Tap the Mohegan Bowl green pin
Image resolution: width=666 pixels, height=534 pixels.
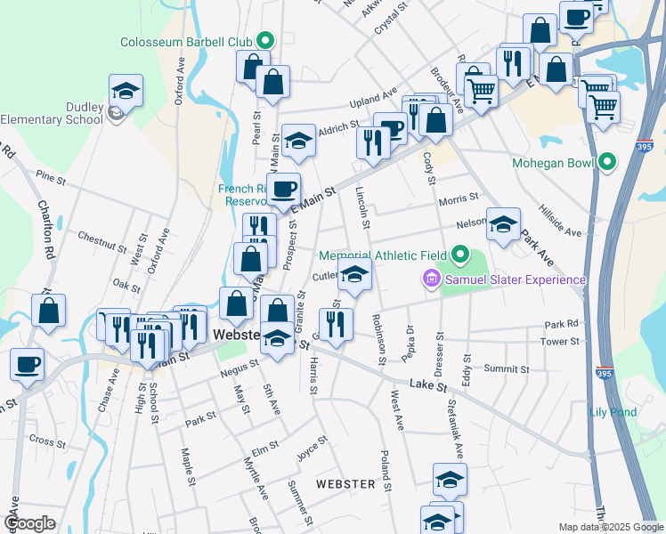click(x=608, y=163)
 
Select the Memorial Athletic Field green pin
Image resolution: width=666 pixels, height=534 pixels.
click(x=459, y=256)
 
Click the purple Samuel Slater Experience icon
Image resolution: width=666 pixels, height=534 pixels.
click(x=433, y=280)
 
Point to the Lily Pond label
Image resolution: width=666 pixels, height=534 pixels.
click(x=613, y=412)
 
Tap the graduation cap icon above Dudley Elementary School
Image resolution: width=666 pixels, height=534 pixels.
click(x=126, y=91)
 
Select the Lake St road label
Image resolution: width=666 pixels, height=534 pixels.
click(x=429, y=385)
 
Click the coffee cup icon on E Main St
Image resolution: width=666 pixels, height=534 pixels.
click(x=284, y=189)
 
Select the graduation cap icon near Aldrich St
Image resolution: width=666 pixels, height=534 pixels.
click(x=297, y=141)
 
